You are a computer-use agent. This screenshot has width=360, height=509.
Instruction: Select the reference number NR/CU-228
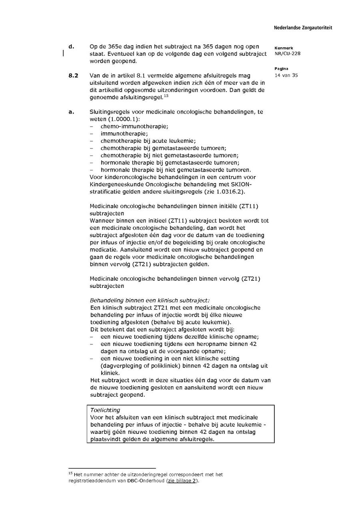coord(287,54)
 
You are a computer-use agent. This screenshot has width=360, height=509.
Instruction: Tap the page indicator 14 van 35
coord(286,75)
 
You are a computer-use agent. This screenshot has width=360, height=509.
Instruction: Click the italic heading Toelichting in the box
coord(105,410)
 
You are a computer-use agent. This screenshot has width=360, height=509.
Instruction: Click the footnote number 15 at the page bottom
coord(70,473)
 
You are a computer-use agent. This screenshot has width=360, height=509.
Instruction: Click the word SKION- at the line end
coord(241,184)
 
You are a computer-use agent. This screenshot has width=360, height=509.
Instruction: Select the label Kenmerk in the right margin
coord(284,48)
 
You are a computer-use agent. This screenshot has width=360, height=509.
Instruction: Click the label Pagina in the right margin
coord(282,69)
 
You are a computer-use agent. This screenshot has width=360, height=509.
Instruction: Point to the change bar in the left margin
coord(63,54)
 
